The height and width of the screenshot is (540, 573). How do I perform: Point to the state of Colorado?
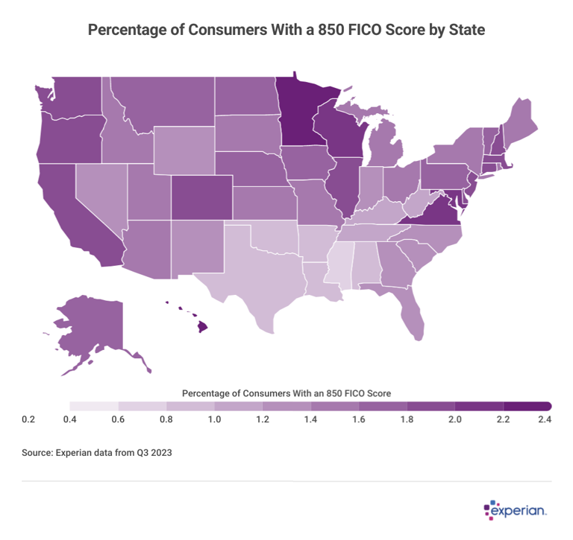click(201, 197)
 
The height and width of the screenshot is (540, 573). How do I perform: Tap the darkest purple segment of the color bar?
click(527, 406)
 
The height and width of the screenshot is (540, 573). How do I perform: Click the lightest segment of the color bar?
click(94, 406)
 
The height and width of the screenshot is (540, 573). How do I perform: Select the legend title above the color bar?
click(286, 392)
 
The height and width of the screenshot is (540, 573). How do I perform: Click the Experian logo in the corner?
click(516, 510)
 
